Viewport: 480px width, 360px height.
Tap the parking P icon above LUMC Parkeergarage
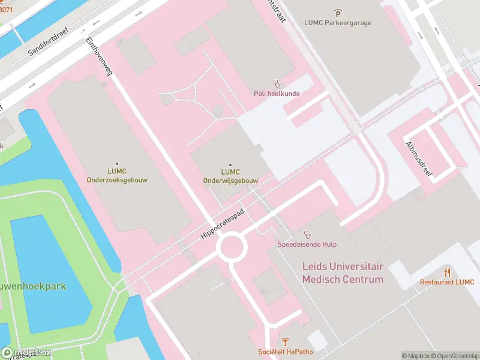[338, 13]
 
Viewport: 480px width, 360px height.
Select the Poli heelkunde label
[277, 94]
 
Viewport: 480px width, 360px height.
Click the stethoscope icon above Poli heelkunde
[277, 83]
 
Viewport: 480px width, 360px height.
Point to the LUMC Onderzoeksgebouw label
[117, 175]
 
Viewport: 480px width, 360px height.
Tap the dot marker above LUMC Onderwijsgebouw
[230, 163]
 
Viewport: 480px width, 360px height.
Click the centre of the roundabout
[232, 247]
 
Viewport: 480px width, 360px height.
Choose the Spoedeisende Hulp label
[307, 244]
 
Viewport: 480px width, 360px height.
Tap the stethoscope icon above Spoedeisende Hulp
[307, 234]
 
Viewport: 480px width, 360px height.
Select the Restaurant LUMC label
[446, 282]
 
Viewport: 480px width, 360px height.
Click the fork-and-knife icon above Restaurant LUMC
[446, 272]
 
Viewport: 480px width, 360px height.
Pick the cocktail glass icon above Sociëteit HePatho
[284, 343]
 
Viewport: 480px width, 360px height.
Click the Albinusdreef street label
[419, 155]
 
